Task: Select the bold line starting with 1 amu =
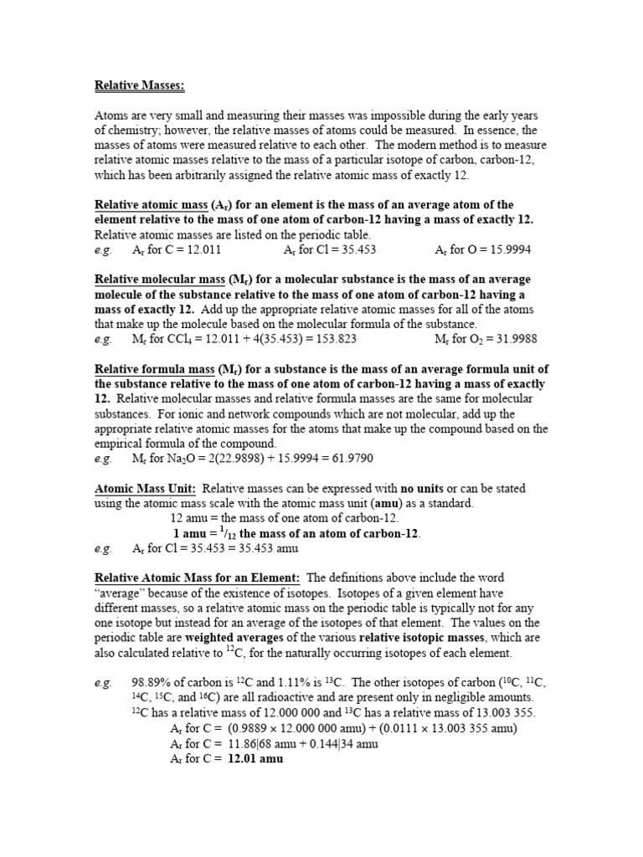click(296, 534)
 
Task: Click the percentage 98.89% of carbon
click(152, 683)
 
